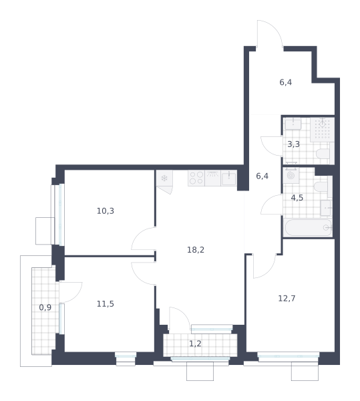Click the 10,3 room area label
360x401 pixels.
tap(106, 211)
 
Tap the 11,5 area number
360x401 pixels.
tap(106, 304)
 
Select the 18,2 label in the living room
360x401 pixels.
tap(196, 249)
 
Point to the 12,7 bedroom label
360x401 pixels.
tap(287, 298)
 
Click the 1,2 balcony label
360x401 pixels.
tap(195, 344)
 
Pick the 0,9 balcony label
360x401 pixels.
tap(45, 307)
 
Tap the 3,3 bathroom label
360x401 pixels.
tap(294, 144)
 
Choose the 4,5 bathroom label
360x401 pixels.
tap(297, 198)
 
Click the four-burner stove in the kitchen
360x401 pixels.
tap(196, 178)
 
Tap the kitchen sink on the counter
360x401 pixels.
tap(228, 178)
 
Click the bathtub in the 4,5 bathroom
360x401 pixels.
tap(308, 228)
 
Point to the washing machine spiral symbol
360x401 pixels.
tap(291, 175)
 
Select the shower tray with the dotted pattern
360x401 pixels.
tap(323, 130)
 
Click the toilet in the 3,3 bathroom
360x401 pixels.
tap(323, 154)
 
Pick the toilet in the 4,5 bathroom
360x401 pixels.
tap(321, 186)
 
